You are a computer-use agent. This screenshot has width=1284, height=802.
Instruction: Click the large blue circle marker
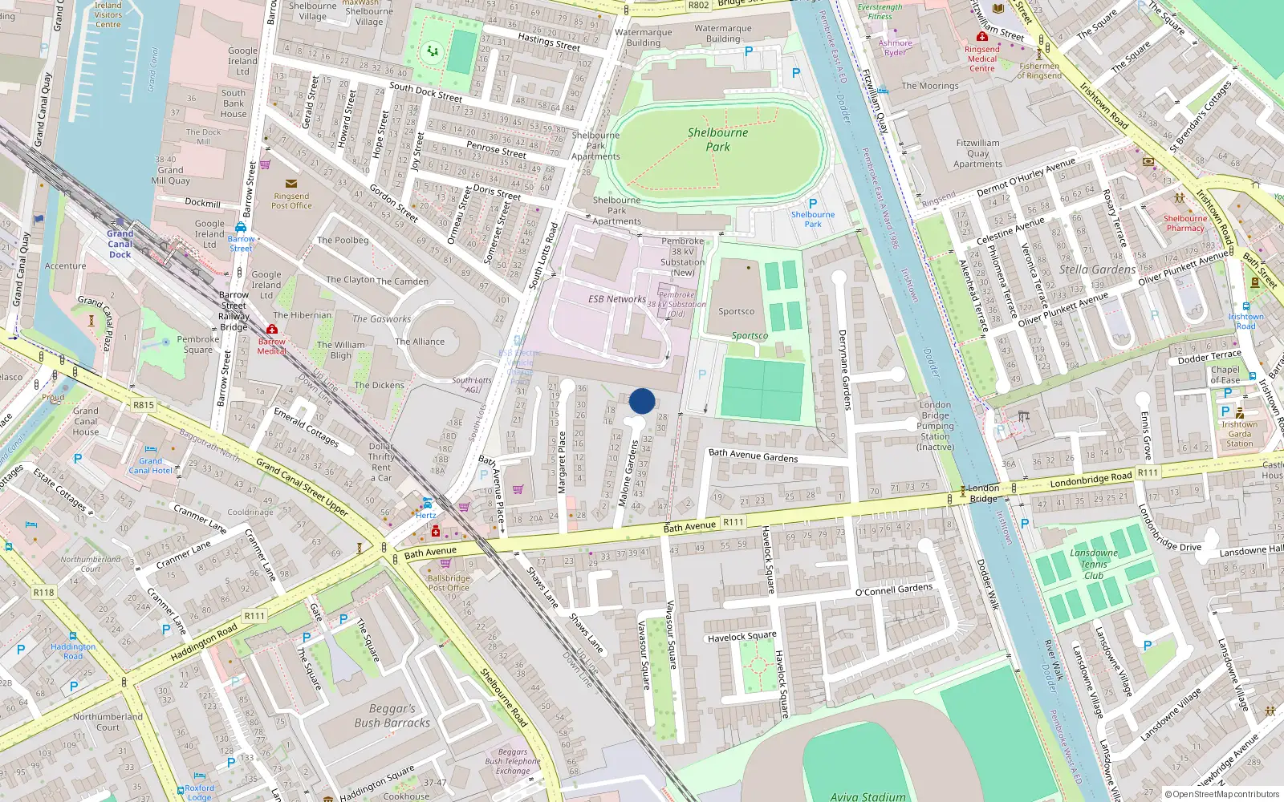pos(642,401)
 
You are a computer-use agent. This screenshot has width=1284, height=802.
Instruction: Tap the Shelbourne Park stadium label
pos(717,140)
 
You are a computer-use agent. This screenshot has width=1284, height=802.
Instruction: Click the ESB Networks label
pos(616,299)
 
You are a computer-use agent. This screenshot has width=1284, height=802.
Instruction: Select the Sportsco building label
pos(736,311)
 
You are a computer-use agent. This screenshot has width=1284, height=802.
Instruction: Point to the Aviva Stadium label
pos(868,796)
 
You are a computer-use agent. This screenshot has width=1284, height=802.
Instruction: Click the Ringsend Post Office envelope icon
pos(291,184)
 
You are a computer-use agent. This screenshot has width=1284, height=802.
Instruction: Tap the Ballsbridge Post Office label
pos(449,583)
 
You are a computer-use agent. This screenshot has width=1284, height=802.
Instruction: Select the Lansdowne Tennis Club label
pos(1093,564)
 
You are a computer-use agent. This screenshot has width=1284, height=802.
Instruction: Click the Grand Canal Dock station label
pos(120,244)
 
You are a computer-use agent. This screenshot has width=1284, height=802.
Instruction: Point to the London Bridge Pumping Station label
pos(935,426)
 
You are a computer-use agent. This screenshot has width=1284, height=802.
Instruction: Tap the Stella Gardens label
pos(1097,269)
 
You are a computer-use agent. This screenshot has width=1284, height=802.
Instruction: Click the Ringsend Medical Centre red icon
pos(981,37)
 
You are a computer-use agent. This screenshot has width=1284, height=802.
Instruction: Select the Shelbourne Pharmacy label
pos(1185,223)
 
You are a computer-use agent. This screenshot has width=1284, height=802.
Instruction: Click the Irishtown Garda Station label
pos(1239,434)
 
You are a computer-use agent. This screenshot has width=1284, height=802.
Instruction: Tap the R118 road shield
pos(43,593)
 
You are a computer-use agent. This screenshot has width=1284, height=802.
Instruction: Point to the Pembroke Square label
pos(197,344)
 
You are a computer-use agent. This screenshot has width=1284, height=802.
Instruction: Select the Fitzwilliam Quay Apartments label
pos(977,153)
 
